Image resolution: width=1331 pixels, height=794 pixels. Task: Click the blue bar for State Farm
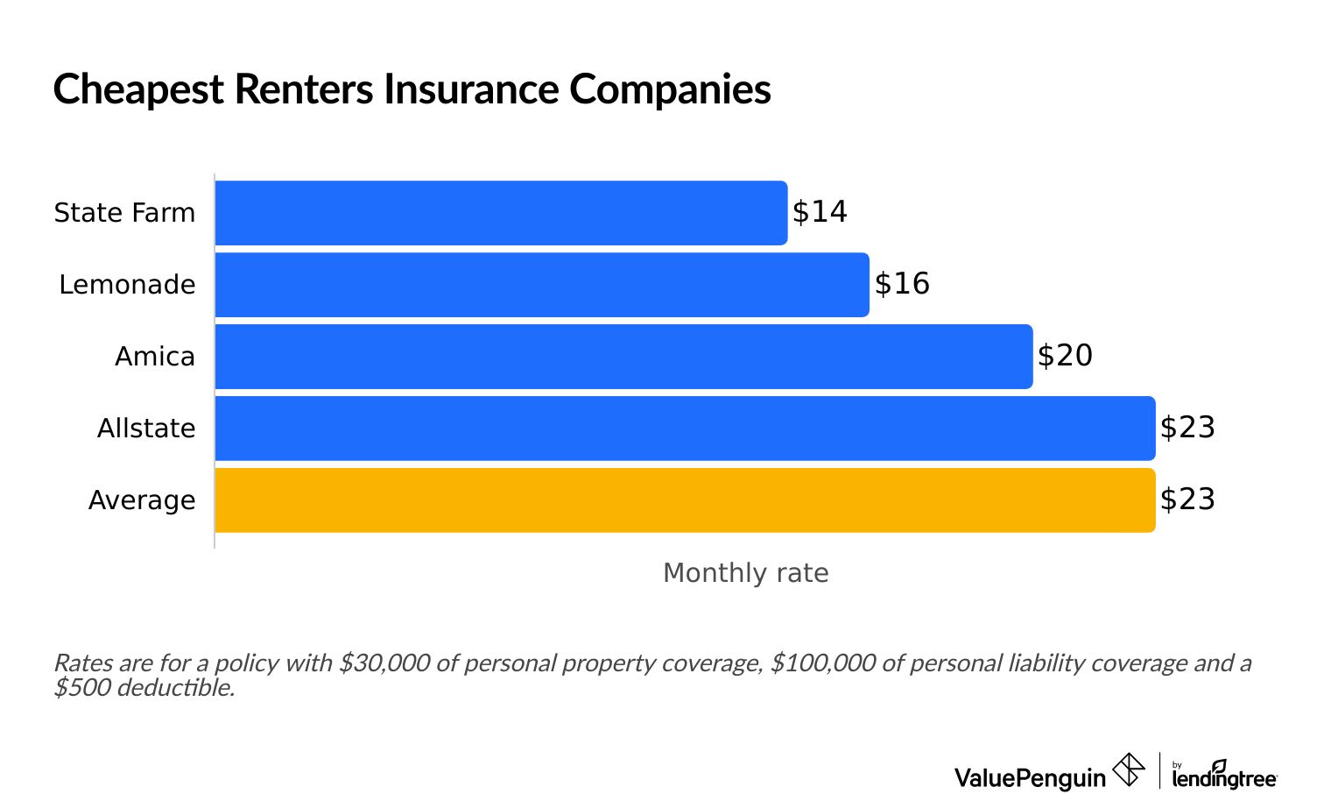(x=501, y=213)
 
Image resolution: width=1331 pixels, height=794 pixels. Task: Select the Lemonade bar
(x=542, y=285)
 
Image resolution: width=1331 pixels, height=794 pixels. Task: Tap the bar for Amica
(x=623, y=357)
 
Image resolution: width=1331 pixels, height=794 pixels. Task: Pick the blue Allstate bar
(x=685, y=429)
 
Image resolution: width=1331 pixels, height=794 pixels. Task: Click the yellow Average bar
(x=685, y=500)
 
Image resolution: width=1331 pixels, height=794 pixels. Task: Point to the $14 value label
(x=820, y=212)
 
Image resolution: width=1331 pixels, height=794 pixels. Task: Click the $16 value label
(x=902, y=284)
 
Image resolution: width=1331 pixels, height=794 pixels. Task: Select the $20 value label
(x=1065, y=356)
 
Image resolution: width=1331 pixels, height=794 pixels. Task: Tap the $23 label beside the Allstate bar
(x=1187, y=428)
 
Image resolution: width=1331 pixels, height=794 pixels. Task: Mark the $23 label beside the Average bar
(x=1187, y=500)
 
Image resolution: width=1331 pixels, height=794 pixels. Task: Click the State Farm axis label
(x=124, y=213)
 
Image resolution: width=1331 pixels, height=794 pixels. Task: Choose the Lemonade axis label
(x=127, y=285)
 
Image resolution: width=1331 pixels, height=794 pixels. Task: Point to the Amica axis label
(x=155, y=357)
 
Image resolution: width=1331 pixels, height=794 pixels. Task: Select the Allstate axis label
(x=146, y=429)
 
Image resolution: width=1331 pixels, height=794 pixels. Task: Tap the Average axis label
(x=142, y=500)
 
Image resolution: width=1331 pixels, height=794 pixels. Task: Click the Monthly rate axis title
(x=745, y=573)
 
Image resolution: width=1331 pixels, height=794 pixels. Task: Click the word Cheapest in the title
(x=138, y=90)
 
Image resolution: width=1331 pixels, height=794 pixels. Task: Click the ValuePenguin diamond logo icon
(x=1128, y=771)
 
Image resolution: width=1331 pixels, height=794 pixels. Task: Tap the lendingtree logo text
(x=1224, y=777)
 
